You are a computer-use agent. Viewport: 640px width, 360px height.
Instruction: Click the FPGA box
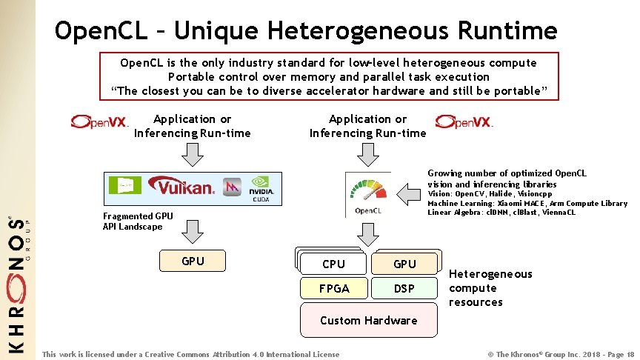coord(333,288)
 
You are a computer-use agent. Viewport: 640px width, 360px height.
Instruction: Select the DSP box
coord(404,288)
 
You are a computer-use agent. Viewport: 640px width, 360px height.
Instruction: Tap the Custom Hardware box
coord(368,320)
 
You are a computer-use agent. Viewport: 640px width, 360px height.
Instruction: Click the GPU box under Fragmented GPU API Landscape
coord(193,261)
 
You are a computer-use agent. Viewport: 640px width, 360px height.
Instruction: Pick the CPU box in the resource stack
coord(333,264)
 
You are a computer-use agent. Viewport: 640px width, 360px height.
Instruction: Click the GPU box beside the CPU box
coord(404,264)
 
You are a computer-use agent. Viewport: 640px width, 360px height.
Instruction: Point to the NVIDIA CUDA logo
coord(260,187)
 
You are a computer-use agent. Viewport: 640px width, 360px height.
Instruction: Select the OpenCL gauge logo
coord(368,194)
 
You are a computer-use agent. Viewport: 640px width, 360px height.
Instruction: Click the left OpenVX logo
coord(100,121)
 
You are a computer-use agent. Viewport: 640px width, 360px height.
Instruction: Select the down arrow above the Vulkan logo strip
coord(193,155)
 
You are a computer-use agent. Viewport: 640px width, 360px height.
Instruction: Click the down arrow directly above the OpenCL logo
coord(368,155)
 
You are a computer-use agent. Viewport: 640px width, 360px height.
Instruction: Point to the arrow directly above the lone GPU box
coord(193,232)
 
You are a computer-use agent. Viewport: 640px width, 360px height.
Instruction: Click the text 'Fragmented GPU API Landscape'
coord(138,221)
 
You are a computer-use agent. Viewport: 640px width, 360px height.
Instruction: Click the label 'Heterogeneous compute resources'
coord(490,288)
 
